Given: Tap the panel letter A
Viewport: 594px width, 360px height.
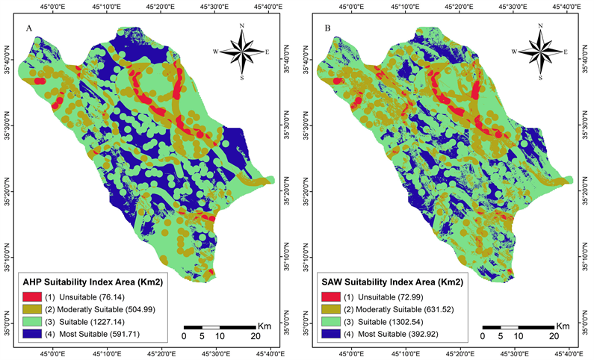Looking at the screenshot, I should coord(28,28).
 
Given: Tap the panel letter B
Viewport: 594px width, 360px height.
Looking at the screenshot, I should coord(327,28).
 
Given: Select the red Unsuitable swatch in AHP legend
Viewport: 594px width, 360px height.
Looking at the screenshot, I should coord(31,298).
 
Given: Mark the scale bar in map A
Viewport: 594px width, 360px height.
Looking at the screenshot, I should coord(220,327).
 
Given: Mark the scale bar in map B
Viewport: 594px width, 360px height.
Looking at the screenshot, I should coord(518,327).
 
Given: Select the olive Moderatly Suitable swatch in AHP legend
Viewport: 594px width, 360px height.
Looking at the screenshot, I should coord(31,310).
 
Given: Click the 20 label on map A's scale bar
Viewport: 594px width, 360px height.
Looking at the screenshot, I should coord(255,337).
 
